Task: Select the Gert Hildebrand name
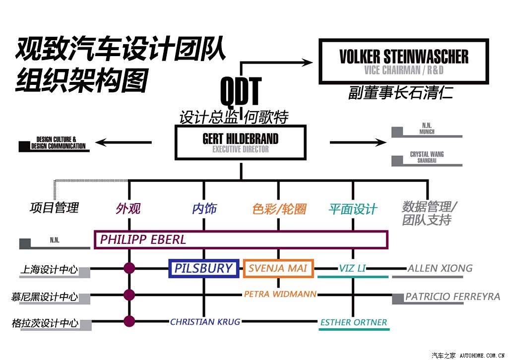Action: pos(241,139)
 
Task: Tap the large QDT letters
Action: pos(241,92)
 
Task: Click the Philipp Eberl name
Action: pos(143,240)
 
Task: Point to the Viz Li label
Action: pos(352,268)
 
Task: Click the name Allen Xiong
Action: pos(440,268)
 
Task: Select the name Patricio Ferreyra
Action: pos(452,296)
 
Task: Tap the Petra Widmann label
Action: pos(280,294)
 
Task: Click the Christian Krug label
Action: pos(205,322)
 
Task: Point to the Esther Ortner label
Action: pos(354,322)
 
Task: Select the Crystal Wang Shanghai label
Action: pos(427,157)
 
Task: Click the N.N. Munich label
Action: pos(427,129)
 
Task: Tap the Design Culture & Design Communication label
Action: pos(58,143)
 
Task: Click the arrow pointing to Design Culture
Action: pos(124,142)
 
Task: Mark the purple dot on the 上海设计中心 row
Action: pos(129,268)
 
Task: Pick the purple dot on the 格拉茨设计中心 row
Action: pos(129,321)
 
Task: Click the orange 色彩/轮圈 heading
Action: pos(279,209)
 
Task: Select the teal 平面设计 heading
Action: pos(353,209)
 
